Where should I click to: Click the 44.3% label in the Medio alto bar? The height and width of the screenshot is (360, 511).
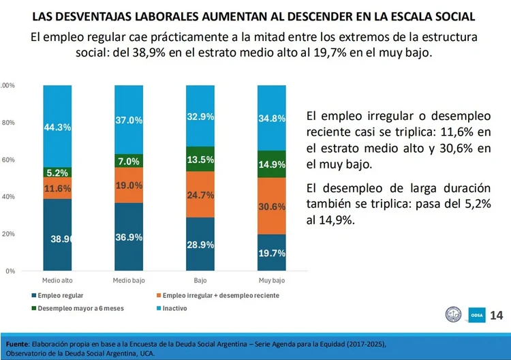[57, 127]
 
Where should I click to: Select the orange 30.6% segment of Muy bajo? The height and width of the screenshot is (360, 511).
[271, 206]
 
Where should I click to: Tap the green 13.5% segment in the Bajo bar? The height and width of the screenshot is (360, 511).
[200, 159]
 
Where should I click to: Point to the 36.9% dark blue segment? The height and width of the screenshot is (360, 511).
[129, 237]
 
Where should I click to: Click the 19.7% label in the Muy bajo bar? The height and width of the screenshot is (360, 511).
[272, 253]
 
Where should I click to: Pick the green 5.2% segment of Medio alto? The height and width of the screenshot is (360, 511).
[57, 172]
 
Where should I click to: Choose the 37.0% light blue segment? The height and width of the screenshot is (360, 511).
[129, 120]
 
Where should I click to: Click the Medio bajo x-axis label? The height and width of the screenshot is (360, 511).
[129, 280]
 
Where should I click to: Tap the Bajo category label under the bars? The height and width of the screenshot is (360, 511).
[200, 280]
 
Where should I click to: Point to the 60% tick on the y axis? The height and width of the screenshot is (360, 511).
[8, 160]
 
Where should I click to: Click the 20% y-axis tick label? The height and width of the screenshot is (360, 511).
[8, 234]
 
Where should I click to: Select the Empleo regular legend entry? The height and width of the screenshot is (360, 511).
[57, 295]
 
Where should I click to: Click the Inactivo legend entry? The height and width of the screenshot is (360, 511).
[172, 308]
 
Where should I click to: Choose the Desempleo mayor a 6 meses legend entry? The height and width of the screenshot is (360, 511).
[78, 308]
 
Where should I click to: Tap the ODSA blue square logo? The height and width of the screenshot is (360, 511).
[477, 315]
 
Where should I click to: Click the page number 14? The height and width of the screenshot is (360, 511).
[496, 315]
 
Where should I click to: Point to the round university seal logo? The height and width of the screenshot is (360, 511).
[453, 314]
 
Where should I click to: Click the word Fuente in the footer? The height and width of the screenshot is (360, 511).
[18, 344]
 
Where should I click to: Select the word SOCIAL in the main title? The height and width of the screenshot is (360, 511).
[455, 16]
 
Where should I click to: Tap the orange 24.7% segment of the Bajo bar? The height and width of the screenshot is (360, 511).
[200, 195]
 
